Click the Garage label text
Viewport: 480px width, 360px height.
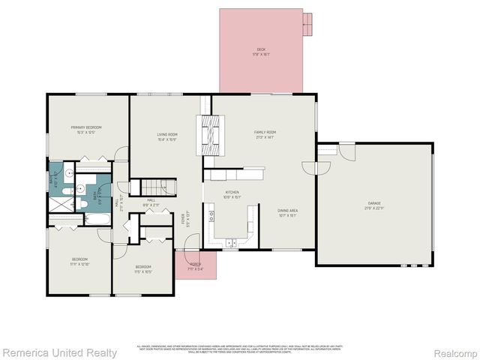(x=373, y=205)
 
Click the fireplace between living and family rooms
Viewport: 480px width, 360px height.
(x=211, y=135)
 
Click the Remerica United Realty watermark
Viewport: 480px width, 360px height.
(x=59, y=352)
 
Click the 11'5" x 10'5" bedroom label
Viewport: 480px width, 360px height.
(x=143, y=268)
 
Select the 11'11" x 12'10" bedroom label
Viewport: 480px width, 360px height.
(x=79, y=262)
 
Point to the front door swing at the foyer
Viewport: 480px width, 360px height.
(x=191, y=241)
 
